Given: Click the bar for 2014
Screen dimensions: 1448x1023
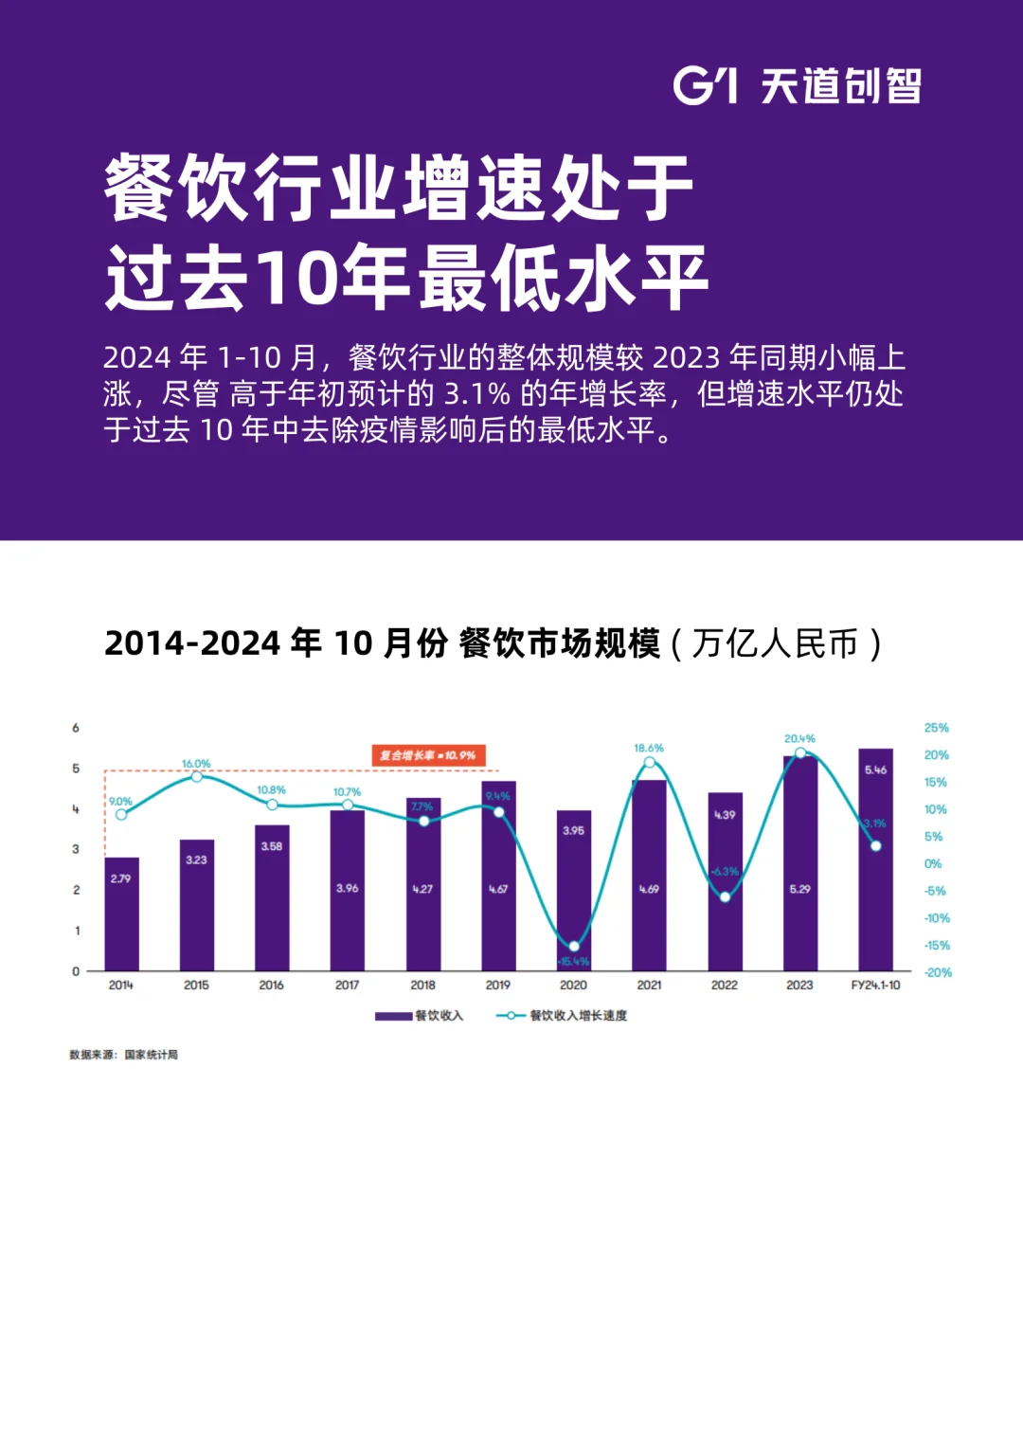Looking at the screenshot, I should pyautogui.click(x=121, y=914).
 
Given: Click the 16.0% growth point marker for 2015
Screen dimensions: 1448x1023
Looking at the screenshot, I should pyautogui.click(x=196, y=776).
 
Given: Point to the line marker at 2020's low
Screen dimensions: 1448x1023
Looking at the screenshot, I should pyautogui.click(x=573, y=946).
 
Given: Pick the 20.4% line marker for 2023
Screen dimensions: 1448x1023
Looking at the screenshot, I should pyautogui.click(x=799, y=752).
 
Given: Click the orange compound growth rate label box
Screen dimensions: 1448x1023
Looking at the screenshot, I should pyautogui.click(x=427, y=755).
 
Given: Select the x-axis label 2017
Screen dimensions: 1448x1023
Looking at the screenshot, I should pyautogui.click(x=347, y=986).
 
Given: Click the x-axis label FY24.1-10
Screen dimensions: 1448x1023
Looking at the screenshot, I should pyautogui.click(x=875, y=986).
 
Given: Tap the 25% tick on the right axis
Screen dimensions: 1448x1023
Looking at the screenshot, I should pyautogui.click(x=936, y=728).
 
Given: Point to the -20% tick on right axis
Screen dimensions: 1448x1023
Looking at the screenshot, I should pyautogui.click(x=938, y=972).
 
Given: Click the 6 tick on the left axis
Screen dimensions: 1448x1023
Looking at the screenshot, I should pyautogui.click(x=76, y=728).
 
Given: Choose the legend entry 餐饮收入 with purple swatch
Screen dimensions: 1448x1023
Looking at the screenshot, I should pyautogui.click(x=420, y=1016).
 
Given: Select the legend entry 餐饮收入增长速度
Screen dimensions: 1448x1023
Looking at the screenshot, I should pyautogui.click(x=562, y=1016).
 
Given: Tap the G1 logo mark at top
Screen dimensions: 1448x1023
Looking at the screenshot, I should pyautogui.click(x=705, y=85).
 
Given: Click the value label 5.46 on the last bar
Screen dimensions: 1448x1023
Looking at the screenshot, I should pyautogui.click(x=875, y=769).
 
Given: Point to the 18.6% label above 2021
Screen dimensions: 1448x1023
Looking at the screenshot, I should pyautogui.click(x=649, y=748).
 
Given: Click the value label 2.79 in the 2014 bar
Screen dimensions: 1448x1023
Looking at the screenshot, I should pyautogui.click(x=121, y=878).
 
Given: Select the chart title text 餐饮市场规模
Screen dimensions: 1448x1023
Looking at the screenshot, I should pyautogui.click(x=559, y=643).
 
